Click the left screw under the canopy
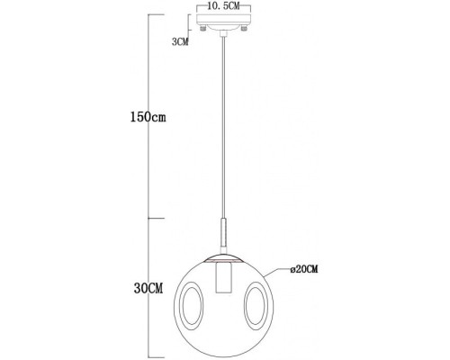[x=205, y=31]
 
